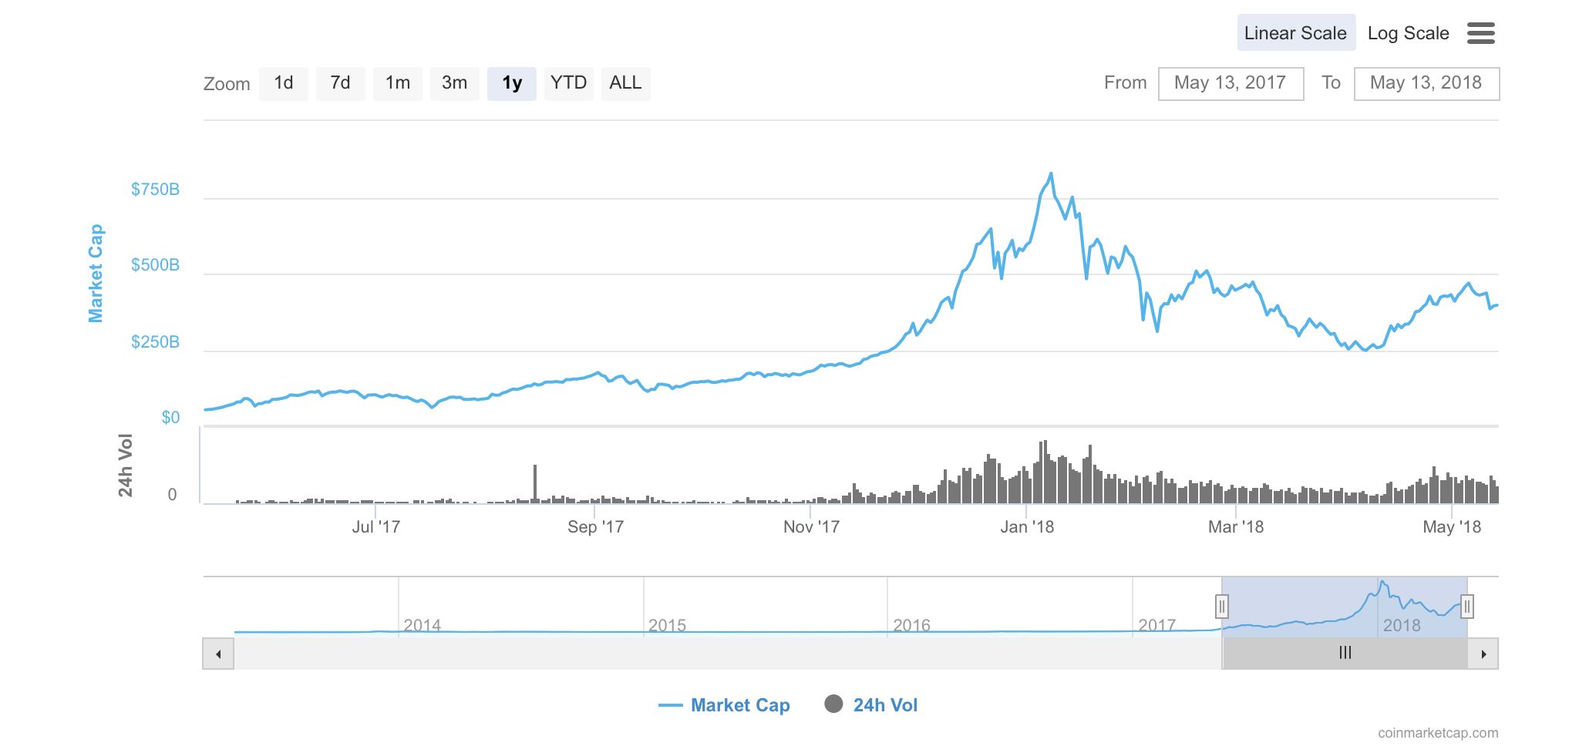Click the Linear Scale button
[1295, 33]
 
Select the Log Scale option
[1408, 33]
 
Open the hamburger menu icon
[1480, 33]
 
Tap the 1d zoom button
[284, 83]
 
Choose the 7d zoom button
[340, 83]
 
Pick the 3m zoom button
[454, 83]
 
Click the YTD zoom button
[568, 83]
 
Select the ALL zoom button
[625, 83]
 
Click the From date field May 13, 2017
[1230, 83]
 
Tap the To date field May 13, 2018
[1426, 83]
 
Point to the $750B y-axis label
[155, 190]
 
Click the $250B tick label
[155, 342]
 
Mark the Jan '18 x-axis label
[1026, 527]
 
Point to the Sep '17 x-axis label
[595, 527]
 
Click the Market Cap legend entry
[725, 705]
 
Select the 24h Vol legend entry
[871, 705]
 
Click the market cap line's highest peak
[1051, 174]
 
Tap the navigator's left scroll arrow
[218, 654]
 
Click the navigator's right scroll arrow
[1483, 654]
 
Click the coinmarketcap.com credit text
[1438, 733]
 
